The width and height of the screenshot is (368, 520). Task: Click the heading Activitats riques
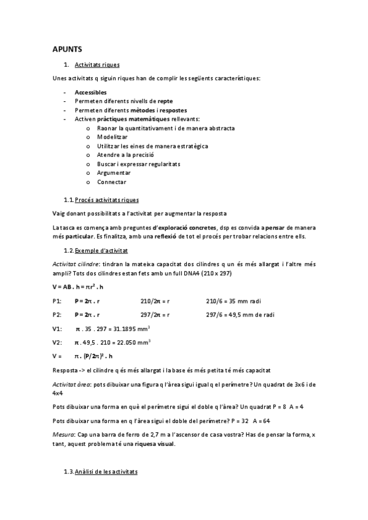click(96, 64)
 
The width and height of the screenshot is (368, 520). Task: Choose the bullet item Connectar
click(111, 182)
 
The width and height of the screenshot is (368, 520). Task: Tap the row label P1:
click(57, 302)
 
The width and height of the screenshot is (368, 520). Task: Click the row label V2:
click(57, 342)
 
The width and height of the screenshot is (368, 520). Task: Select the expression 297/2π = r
click(155, 315)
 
